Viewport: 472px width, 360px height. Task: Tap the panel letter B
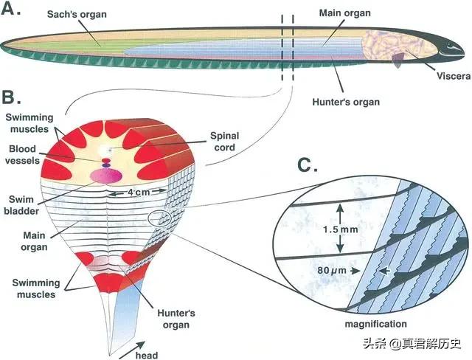point(11,96)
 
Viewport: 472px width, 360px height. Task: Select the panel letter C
point(308,165)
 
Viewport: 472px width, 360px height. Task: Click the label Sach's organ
point(77,14)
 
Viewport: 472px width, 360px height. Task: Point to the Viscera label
point(454,76)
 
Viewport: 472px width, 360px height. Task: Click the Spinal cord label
point(224,142)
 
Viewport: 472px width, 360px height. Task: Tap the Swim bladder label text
point(21,205)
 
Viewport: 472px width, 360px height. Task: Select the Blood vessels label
point(22,155)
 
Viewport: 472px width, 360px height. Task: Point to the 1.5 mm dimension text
point(341,229)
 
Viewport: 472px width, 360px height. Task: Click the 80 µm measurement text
point(332,271)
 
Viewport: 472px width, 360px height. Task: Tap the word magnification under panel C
point(375,324)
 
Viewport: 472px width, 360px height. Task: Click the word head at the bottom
point(147,355)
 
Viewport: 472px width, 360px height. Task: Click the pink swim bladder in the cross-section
point(106,176)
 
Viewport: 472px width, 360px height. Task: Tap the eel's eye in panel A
point(450,46)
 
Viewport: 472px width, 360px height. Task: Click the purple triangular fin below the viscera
point(398,60)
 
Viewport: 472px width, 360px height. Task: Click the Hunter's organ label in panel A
point(346,102)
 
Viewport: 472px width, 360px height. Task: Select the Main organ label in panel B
point(34,241)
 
